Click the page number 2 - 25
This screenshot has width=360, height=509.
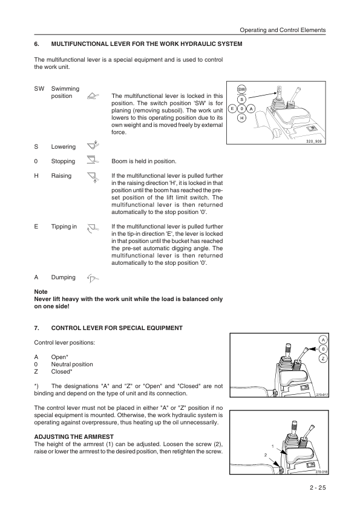click(x=318, y=487)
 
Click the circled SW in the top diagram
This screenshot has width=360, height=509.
click(x=241, y=89)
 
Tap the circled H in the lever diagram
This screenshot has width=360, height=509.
click(x=241, y=118)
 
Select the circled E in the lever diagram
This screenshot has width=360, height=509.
click(x=232, y=109)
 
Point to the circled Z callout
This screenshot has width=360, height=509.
click(x=323, y=358)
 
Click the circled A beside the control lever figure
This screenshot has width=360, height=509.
click(x=323, y=340)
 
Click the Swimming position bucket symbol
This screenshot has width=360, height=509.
click(x=93, y=96)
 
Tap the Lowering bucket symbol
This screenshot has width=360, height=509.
click(x=93, y=146)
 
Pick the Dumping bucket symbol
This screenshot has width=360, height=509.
click(x=93, y=278)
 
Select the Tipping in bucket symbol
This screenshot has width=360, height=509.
click(x=93, y=229)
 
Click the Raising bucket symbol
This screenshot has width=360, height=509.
click(x=93, y=178)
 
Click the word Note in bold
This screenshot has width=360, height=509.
click(x=41, y=291)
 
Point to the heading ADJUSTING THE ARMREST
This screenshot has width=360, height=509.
click(x=74, y=436)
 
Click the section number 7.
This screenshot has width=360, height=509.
click(x=36, y=328)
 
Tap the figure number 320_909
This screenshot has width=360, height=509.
click(x=313, y=141)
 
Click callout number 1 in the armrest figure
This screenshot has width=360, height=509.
click(x=272, y=446)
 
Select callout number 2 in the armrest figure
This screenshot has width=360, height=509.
click(x=266, y=455)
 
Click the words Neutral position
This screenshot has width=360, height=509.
click(x=72, y=365)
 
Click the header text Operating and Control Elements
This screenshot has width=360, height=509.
click(x=283, y=30)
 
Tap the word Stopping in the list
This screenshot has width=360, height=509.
click(x=63, y=161)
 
